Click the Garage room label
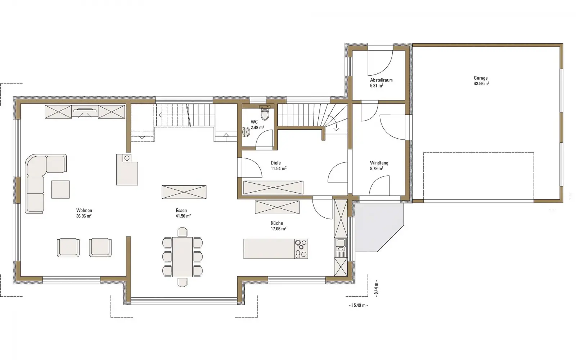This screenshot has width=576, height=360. point(481,78)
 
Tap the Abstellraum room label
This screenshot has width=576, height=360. point(381,80)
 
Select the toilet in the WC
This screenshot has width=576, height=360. point(265,113)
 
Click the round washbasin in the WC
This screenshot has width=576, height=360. point(246,132)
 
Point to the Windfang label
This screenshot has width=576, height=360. point(379,163)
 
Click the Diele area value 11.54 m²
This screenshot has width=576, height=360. point(279,169)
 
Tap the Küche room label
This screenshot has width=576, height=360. point(277,223)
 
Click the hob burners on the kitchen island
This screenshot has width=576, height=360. point(301,249)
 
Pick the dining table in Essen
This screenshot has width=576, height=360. point(182,257)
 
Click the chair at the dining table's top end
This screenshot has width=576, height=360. point(183,232)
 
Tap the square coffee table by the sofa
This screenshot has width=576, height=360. point(60,189)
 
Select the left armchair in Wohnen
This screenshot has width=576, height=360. point(68,247)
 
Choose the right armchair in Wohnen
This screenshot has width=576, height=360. point(100,247)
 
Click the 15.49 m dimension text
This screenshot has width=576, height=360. point(359,305)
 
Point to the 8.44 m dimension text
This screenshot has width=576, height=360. point(376,288)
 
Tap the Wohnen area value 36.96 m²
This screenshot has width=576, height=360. point(84,216)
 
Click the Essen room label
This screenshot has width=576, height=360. point(181,210)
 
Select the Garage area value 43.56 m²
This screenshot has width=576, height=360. point(481,84)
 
